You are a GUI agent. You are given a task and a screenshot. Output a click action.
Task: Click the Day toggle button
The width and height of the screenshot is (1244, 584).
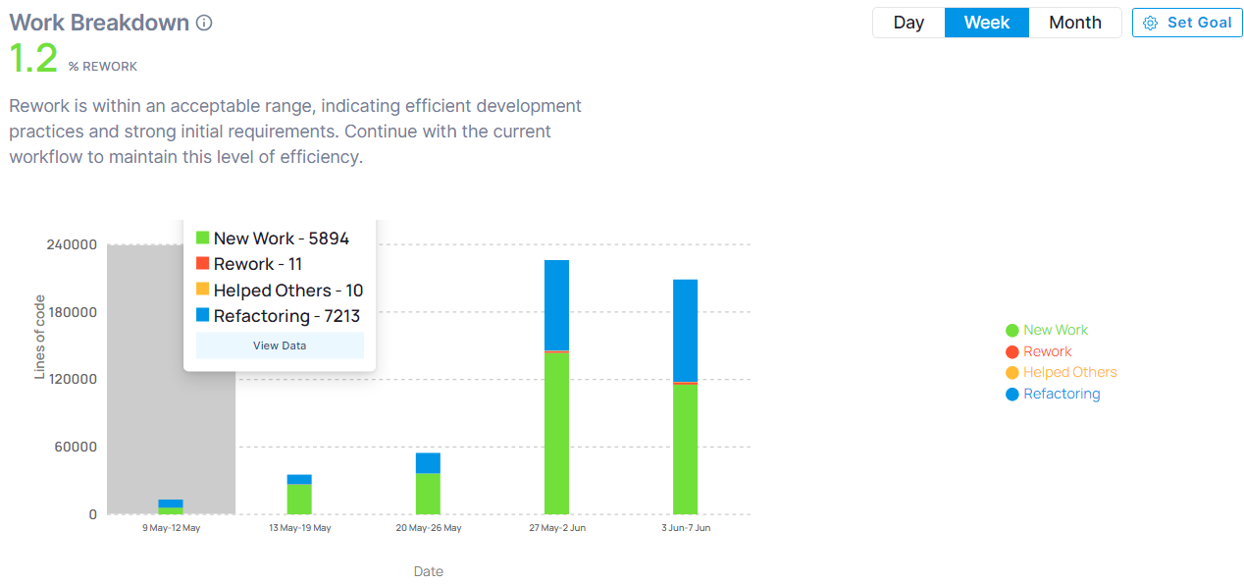908,23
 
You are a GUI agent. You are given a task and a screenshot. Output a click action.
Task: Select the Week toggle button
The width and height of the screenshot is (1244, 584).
987,23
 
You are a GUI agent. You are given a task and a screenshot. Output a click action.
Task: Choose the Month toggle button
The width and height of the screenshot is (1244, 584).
1075,23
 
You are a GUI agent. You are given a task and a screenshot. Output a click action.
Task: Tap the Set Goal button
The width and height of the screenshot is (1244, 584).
1187,23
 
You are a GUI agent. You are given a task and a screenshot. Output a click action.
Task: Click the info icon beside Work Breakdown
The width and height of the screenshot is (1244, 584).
204,23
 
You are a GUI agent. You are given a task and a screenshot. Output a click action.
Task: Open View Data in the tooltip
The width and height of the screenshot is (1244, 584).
280,345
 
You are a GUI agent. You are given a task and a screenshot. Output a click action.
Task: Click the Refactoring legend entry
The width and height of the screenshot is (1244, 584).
1053,394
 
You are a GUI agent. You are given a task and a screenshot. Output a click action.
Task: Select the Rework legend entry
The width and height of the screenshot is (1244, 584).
1039,351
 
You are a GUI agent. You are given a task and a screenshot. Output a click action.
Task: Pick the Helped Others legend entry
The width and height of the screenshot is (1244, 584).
1062,372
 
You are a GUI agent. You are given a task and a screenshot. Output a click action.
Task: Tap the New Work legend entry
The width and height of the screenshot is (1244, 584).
1047,330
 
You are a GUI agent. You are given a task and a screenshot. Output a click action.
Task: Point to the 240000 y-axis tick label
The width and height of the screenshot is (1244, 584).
72,244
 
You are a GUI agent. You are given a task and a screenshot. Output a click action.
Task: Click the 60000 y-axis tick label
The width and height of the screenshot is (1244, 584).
76,447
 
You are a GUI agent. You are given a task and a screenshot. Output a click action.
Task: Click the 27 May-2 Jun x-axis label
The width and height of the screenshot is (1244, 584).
557,528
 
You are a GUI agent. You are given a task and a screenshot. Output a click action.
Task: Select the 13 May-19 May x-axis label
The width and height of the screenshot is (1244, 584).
300,528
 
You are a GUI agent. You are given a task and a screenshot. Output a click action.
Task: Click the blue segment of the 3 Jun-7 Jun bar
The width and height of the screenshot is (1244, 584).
686,331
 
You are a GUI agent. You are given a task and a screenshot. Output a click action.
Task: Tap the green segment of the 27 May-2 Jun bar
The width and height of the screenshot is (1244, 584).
556,434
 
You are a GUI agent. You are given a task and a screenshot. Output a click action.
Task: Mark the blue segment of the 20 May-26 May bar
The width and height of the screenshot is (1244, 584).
428,463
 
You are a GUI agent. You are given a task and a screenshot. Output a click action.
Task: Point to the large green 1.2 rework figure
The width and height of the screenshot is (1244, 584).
33,58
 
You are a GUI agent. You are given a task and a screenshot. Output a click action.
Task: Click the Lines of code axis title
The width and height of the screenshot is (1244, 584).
39,337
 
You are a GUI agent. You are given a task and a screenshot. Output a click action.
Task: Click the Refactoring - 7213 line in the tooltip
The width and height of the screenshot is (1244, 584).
279,316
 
